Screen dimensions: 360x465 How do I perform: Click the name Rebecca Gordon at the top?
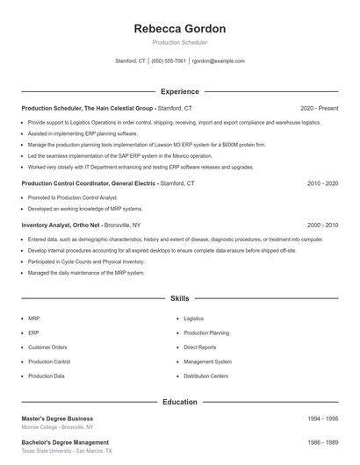point(180,29)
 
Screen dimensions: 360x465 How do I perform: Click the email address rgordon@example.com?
point(218,61)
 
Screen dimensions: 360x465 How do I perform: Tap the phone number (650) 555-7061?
point(169,61)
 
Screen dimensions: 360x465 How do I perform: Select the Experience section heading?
point(180,91)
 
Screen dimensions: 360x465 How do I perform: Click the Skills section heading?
point(180,299)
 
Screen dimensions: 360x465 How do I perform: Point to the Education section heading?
point(180,402)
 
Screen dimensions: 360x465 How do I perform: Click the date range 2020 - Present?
point(319,108)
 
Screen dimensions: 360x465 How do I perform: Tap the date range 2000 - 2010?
point(322,225)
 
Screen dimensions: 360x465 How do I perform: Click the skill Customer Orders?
point(47,347)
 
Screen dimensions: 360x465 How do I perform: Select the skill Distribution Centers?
point(206,376)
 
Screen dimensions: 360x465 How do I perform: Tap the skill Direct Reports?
point(200,347)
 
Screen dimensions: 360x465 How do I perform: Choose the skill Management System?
point(208,361)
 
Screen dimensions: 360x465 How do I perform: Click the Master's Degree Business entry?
point(57,418)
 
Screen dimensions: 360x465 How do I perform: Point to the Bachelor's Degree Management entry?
point(65,442)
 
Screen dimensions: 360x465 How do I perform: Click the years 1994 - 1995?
point(322,418)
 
